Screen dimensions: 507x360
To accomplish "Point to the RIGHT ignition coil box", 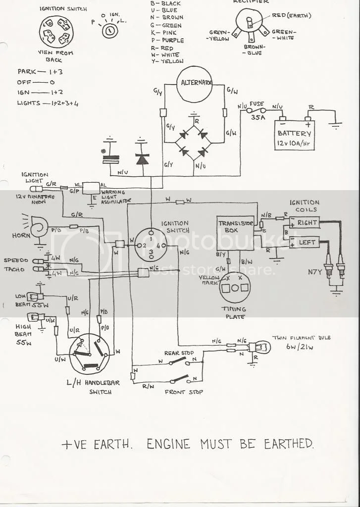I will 306,223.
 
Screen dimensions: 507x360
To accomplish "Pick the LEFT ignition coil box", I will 306,243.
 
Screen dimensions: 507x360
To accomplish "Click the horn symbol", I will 38,228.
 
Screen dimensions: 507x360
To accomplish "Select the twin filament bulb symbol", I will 259,348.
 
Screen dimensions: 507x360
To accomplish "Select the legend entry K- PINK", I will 166,32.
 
